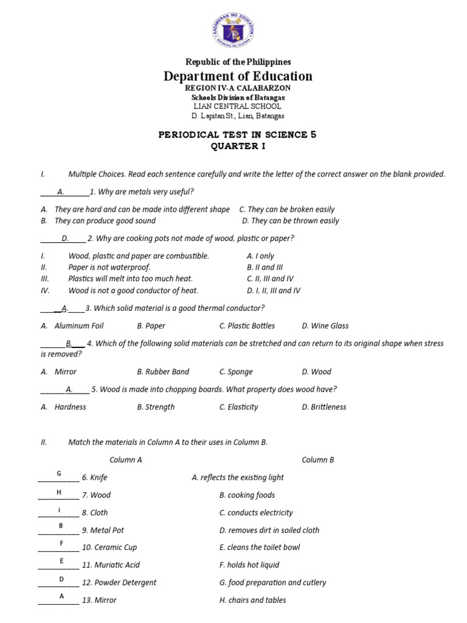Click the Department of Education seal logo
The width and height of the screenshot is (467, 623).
coord(234,30)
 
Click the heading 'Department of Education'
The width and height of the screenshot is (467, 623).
coord(238,76)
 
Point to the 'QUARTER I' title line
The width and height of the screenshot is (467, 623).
coord(238,147)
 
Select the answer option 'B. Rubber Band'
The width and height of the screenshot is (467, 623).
coord(163,372)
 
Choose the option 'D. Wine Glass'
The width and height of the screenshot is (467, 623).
coord(325,326)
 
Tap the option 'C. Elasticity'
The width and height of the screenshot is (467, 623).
coord(238,407)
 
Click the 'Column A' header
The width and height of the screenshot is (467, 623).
coord(125,460)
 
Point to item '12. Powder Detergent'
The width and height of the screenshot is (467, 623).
coord(119,583)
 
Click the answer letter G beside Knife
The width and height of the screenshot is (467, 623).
coord(59,473)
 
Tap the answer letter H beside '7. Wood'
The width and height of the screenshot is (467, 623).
coord(59,491)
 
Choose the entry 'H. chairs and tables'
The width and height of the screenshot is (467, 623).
coord(252,600)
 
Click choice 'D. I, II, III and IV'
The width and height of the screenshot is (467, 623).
coord(274,291)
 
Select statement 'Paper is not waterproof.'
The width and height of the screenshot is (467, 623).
coord(109,268)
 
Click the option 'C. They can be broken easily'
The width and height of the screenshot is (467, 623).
coord(287,209)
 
